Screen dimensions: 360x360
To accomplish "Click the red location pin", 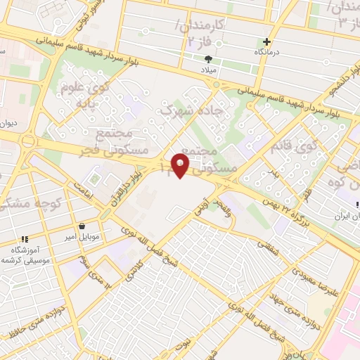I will [180, 166].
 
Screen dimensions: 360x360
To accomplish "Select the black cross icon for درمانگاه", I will [266, 41].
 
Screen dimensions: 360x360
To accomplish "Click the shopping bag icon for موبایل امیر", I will [84, 226].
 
